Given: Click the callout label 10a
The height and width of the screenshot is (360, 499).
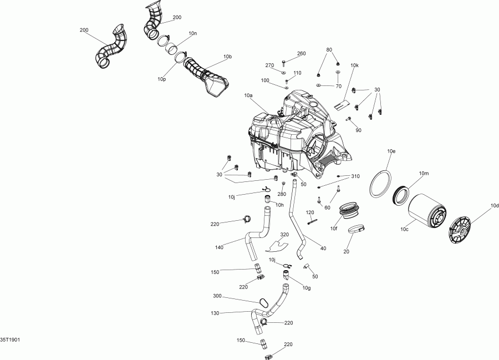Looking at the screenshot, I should point(248,95).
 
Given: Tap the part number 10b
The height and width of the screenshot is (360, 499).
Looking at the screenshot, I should point(227,57).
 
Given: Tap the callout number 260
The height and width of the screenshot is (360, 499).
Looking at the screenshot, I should point(301,54).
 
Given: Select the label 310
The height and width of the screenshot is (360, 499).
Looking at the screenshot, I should point(355,176).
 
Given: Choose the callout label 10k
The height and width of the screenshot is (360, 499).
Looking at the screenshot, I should point(354,65).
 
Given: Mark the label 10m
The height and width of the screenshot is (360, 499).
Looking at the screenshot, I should point(424,174).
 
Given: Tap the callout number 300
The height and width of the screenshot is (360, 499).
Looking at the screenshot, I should point(218,296).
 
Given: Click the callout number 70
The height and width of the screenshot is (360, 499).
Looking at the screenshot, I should point(338,87).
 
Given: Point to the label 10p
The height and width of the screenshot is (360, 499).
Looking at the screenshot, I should point(161,79).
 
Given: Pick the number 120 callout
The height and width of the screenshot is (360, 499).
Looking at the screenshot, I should point(310,212).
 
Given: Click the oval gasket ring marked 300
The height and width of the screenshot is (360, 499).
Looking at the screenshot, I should point(263,303).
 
